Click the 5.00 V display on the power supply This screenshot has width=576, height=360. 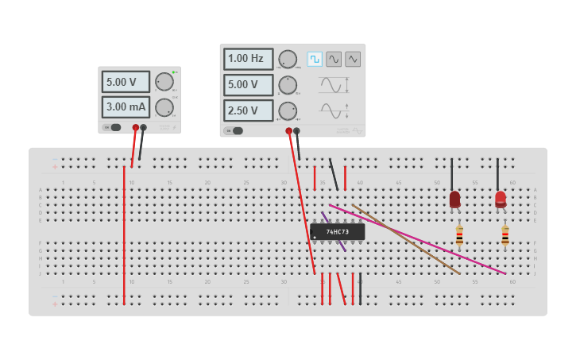click(125, 82)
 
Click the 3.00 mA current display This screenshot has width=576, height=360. click(125, 107)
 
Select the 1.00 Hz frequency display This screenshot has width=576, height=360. click(248, 59)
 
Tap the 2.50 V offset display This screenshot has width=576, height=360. click(248, 110)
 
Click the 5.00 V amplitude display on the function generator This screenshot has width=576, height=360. click(248, 84)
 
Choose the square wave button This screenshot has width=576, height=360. click(315, 59)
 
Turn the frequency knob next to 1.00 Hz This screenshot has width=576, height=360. click(288, 59)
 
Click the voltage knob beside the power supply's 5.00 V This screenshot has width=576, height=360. click(164, 82)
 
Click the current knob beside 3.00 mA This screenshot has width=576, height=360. click(164, 107)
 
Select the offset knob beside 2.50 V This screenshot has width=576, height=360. click(288, 110)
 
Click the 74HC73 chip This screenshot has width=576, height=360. click(338, 231)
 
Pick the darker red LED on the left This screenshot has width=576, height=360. click(454, 199)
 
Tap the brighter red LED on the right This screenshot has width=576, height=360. click(501, 199)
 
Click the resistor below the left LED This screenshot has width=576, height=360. click(459, 236)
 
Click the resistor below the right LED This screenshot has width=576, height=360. click(505, 236)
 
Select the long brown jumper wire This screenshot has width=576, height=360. click(405, 238)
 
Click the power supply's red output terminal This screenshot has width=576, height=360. click(136, 127)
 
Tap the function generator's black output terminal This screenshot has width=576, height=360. click(296, 131)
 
